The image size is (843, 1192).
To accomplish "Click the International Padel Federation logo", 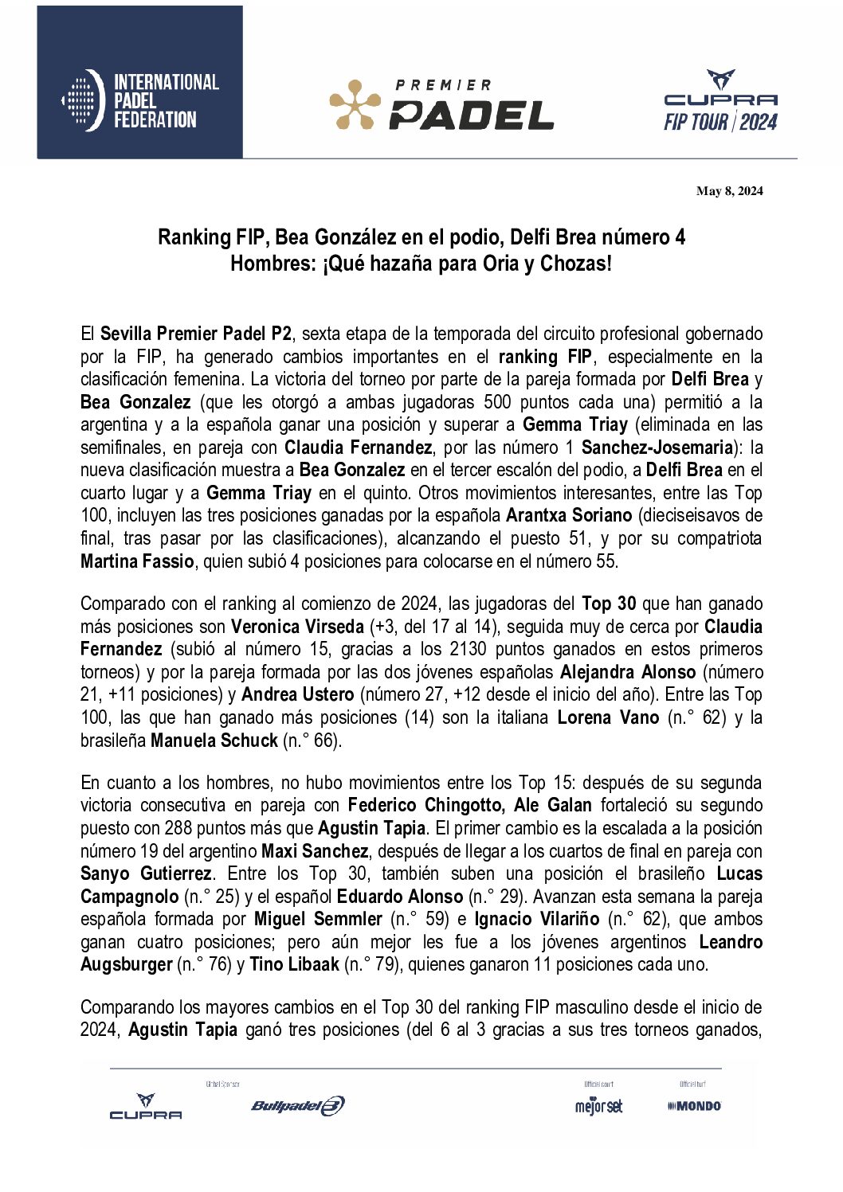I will pos(140,101).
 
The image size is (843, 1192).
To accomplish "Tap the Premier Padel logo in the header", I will pos(441,105).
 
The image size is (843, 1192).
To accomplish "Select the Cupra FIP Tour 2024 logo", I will pos(720,101).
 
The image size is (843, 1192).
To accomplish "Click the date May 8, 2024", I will pos(729,191).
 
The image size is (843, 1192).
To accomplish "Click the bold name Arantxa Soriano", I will pos(568,515).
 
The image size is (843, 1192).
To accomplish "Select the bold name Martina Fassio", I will pos(137,561).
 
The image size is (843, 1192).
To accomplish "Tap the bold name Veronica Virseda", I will pos(297,627).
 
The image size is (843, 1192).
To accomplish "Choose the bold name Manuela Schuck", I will pos(214,741).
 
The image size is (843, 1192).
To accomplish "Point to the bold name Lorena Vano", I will pos(608,717).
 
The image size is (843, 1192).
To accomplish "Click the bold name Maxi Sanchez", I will pos(315,851).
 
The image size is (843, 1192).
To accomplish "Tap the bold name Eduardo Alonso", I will pos(400,897).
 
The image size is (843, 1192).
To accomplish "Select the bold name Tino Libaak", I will pos(295,965).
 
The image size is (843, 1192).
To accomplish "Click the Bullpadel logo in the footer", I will pos(298,1105).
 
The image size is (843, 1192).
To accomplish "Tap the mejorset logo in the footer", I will pos(598,1106).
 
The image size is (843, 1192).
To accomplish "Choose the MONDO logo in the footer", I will pos(695,1105).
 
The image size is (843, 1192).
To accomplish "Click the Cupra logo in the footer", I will pos(146,1107).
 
